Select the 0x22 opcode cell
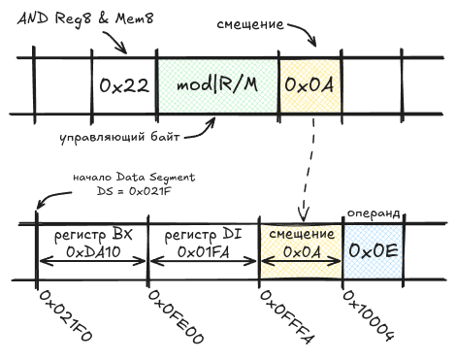(123, 84)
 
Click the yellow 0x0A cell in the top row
(309, 84)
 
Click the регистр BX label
(91, 235)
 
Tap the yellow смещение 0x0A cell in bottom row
(300, 244)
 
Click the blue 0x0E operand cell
(374, 249)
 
